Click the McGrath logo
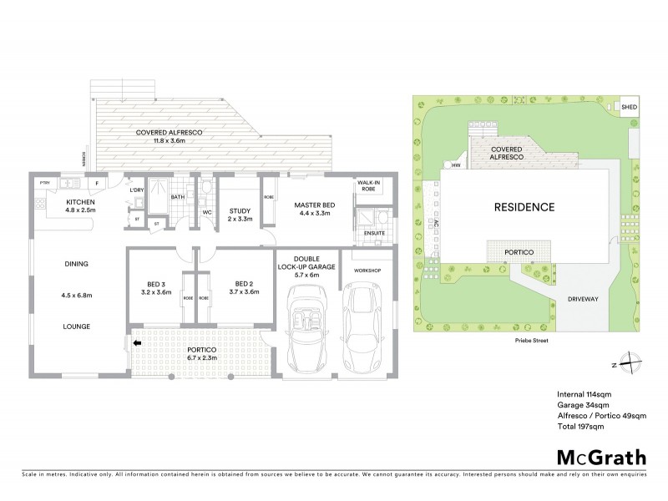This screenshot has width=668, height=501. click(600, 457)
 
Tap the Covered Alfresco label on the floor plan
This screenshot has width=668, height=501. click(175, 135)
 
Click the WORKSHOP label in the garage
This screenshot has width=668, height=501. click(367, 271)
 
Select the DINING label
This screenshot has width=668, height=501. click(76, 264)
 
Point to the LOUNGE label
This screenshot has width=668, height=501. click(76, 326)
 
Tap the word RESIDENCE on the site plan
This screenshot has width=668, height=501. click(524, 206)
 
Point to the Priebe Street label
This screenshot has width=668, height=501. click(535, 341)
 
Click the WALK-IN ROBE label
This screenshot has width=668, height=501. click(370, 185)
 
